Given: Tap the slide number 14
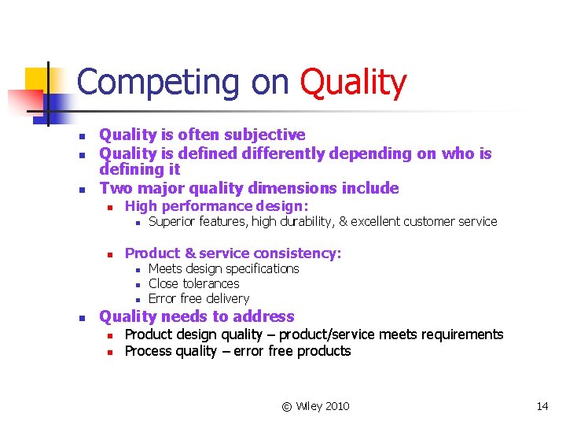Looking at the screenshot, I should click(542, 406).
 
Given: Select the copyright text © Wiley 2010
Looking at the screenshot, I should click(315, 406).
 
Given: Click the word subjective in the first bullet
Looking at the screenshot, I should click(264, 135).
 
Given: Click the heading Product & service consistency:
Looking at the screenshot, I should click(233, 253).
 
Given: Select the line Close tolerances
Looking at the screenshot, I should click(193, 283).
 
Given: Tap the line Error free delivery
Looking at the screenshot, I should click(198, 298).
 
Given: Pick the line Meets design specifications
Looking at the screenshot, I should click(223, 268).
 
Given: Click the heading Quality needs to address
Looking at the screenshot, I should click(197, 316).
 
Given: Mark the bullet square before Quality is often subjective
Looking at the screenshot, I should click(81, 136).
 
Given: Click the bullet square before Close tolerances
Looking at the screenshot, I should click(137, 284).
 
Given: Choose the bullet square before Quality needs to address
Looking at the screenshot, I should click(81, 318).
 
